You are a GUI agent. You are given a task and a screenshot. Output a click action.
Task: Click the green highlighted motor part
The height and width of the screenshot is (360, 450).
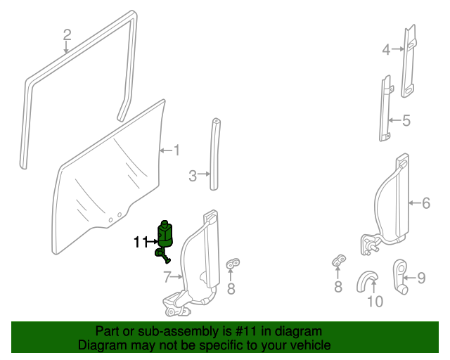pyautogui.click(x=165, y=238)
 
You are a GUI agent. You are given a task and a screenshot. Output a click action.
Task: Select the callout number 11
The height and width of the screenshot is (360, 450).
pyautogui.click(x=141, y=243)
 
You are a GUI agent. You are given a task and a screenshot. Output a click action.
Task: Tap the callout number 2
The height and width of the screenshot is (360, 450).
pyautogui.click(x=67, y=34)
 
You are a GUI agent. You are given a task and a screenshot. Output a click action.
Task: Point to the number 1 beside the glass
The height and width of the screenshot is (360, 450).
pyautogui.click(x=176, y=150)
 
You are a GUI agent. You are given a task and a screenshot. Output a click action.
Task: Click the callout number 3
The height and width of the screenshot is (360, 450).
pyautogui.click(x=193, y=176)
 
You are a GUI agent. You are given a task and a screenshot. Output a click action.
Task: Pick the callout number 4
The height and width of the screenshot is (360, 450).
pyautogui.click(x=386, y=50)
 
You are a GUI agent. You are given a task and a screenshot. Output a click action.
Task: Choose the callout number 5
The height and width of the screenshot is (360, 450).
pyautogui.click(x=406, y=120)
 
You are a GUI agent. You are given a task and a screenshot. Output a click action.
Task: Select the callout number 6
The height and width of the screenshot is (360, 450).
pyautogui.click(x=426, y=203)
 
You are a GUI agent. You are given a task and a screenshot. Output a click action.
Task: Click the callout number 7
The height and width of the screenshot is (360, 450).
pyautogui.click(x=167, y=277)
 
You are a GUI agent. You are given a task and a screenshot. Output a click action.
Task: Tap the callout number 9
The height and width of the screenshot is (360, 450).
pyautogui.click(x=421, y=278)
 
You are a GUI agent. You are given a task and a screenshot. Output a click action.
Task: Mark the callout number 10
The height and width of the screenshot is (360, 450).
pyautogui.click(x=375, y=302)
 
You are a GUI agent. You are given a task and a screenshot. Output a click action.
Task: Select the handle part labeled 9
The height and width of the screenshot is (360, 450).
pyautogui.click(x=400, y=277)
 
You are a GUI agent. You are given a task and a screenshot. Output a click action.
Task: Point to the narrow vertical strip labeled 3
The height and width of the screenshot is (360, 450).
pyautogui.click(x=214, y=154)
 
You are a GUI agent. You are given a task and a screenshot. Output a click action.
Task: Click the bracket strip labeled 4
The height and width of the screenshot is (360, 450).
pyautogui.click(x=408, y=61)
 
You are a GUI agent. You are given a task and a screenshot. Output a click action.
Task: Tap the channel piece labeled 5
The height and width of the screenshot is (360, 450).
pyautogui.click(x=386, y=108)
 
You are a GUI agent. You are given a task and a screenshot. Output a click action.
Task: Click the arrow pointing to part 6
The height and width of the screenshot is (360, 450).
pyautogui.click(x=415, y=203)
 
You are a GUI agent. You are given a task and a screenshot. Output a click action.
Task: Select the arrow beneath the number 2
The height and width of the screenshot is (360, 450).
pyautogui.click(x=66, y=47)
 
